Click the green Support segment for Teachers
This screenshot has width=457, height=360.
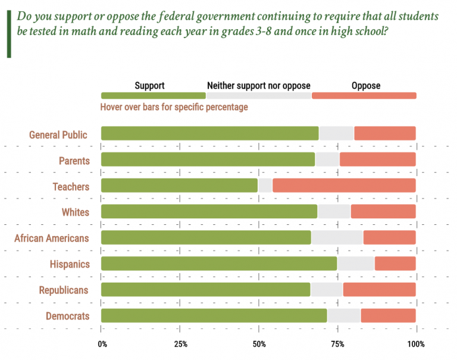point(179,186)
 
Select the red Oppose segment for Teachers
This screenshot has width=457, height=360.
point(344,186)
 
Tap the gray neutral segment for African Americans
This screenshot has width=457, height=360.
point(337,237)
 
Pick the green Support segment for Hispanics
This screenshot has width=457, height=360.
point(219,264)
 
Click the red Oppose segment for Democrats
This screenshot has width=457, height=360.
point(388,315)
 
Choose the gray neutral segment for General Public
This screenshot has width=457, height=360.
point(336,133)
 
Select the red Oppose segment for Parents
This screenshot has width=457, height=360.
point(377,159)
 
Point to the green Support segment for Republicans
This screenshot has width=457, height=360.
point(205,290)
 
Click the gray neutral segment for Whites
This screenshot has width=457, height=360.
point(334,211)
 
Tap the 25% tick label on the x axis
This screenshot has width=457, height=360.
point(181,344)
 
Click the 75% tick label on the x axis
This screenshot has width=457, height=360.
point(337,344)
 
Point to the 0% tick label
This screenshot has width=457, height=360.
point(102,344)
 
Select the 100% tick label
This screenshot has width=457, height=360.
point(416,344)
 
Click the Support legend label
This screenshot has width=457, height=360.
point(149,86)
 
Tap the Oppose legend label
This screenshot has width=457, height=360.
point(365,86)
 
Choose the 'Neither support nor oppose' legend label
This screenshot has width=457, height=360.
point(258,86)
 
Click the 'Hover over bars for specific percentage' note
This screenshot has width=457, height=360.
point(174,107)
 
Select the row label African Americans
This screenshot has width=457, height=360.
point(52,238)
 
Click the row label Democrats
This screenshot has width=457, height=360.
point(67,316)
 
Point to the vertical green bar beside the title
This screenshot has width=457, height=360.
point(9,33)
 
